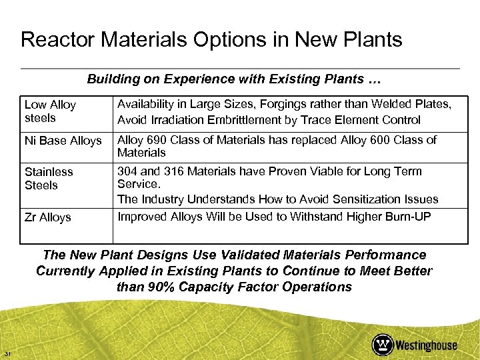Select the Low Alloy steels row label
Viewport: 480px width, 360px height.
[x=50, y=111]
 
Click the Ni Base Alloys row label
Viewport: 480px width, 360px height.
[x=63, y=141]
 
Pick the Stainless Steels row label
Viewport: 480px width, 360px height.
[x=49, y=178]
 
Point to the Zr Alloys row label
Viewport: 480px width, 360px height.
[x=47, y=217]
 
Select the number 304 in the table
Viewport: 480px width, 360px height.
[x=127, y=171]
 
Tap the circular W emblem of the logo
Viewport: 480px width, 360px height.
[x=383, y=345]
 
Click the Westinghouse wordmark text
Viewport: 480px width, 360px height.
[x=426, y=345]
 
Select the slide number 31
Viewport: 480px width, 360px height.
[x=7, y=353]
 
